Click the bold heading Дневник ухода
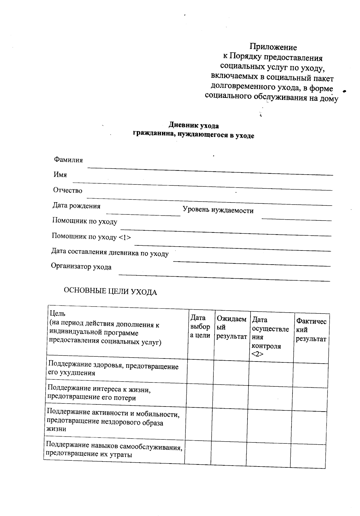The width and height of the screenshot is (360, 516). (193, 125)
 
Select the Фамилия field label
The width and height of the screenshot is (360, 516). (68, 160)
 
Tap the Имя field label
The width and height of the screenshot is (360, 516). (60, 175)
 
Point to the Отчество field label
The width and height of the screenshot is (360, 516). (67, 190)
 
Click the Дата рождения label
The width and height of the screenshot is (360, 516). (76, 206)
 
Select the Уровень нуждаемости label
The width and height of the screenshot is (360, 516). (218, 210)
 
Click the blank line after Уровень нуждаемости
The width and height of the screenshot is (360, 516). (296, 219)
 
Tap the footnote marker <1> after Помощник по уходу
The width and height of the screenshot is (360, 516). (125, 237)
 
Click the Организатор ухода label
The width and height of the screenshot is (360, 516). (81, 266)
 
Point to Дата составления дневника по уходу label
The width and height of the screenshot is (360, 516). (109, 253)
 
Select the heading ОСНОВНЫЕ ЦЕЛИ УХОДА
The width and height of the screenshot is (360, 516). (110, 292)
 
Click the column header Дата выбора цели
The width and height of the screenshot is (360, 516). (200, 326)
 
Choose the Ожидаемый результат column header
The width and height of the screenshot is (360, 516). (231, 328)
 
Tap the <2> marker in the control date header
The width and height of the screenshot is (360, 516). (257, 354)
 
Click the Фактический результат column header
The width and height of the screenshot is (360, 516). (311, 330)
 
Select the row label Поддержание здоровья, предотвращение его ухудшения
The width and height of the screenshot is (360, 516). (113, 369)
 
